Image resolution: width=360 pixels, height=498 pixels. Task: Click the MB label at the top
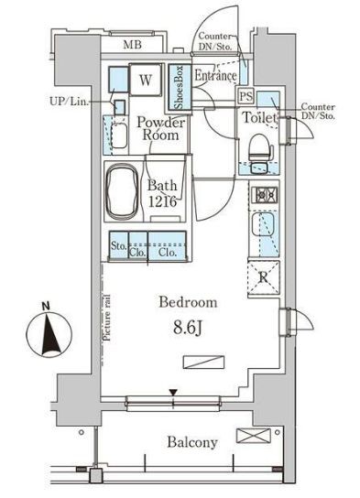[132, 45]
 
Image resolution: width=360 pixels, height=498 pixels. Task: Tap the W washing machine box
[146, 80]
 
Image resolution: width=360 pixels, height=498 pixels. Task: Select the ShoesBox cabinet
[180, 87]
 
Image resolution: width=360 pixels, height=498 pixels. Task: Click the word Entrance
[215, 76]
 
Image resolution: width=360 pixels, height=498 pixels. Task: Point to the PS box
[246, 96]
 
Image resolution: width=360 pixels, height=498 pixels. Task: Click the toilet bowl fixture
[260, 147]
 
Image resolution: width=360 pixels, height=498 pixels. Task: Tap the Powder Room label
[160, 129]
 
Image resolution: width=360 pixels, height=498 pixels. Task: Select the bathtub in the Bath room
[123, 191]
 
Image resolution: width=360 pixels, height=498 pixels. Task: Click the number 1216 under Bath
[162, 201]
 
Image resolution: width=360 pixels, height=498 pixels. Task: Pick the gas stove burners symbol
[264, 195]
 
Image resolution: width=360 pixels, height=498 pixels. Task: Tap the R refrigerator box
[264, 278]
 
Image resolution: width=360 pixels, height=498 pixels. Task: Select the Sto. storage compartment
[119, 245]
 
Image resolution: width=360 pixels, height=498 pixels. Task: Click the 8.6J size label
[188, 329]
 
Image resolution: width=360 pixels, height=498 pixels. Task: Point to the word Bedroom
[188, 302]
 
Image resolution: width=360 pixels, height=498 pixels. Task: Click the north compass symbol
[49, 333]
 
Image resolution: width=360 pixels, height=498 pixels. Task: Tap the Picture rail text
[107, 318]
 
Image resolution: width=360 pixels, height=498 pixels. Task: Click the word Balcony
[192, 442]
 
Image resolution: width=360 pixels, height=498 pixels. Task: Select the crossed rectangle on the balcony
[254, 436]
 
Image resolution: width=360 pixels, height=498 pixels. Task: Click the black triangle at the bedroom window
[173, 394]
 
